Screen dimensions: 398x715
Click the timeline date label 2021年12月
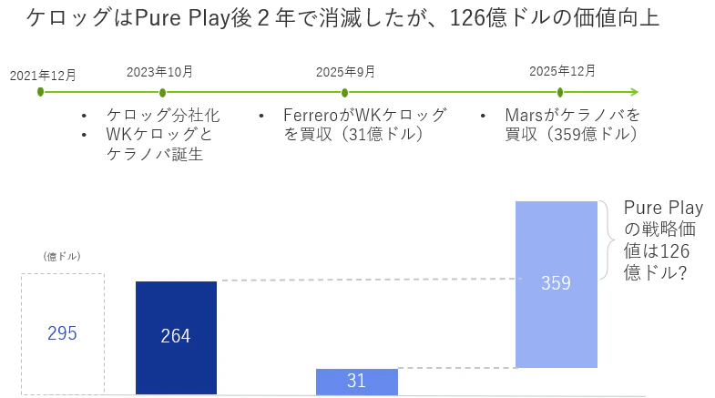[x=43, y=75]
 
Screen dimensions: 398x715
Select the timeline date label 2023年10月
[x=159, y=70]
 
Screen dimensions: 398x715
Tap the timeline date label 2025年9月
[x=344, y=71]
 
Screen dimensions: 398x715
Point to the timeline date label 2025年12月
[x=563, y=70]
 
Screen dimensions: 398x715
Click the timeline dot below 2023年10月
[x=162, y=92]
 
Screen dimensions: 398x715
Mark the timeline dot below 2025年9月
[x=345, y=92]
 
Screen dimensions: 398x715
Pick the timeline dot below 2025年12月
[x=560, y=92]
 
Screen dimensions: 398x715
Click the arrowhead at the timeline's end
[x=634, y=92]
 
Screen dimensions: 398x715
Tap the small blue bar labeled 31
[x=356, y=382]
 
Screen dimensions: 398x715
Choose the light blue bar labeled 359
[x=556, y=283]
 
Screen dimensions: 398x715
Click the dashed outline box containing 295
[x=63, y=333]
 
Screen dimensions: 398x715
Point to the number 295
[x=62, y=333]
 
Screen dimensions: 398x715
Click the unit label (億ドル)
[x=62, y=257]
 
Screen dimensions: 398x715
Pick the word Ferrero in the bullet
[x=311, y=117]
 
